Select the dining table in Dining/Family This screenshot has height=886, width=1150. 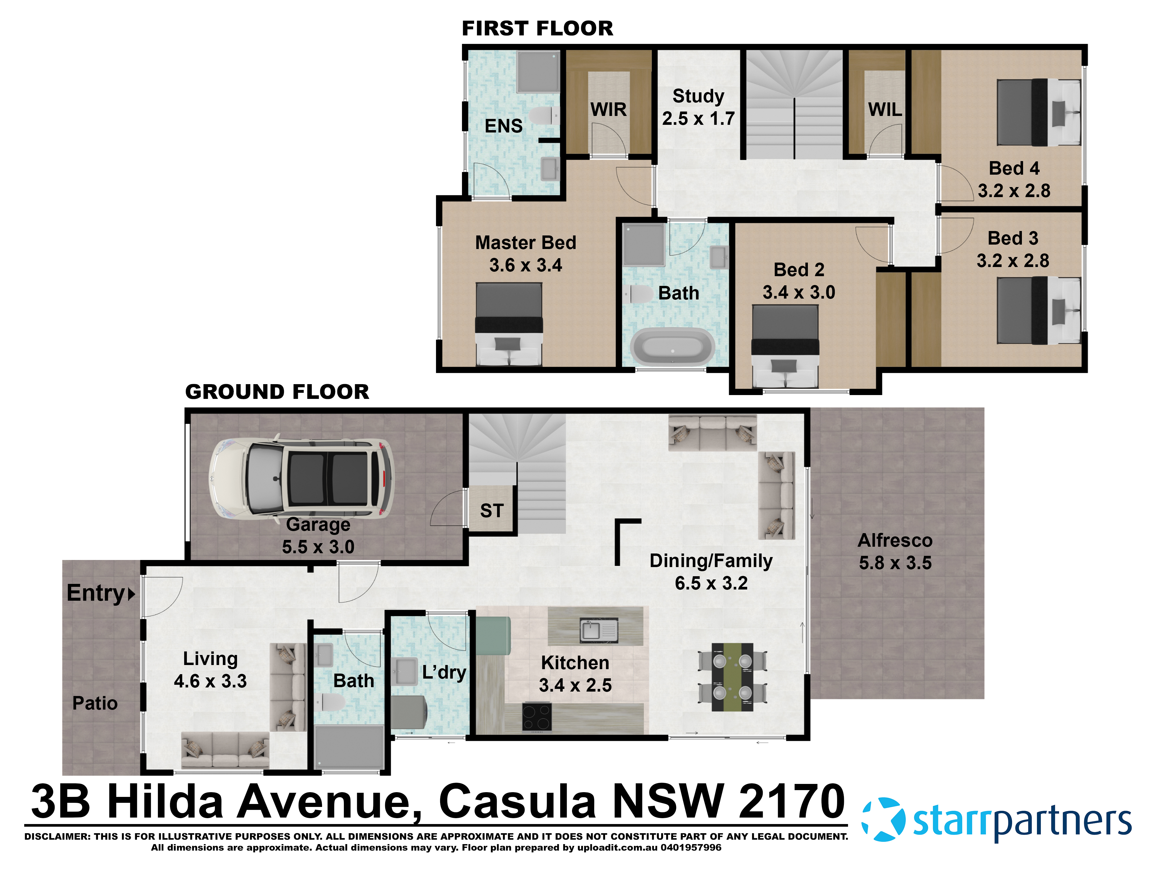(732, 677)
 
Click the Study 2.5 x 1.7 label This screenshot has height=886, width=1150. (698, 107)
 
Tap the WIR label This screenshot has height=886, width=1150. (608, 109)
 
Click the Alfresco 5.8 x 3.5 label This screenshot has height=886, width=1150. (895, 551)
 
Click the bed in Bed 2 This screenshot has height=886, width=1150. (785, 346)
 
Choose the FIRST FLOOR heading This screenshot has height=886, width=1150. (537, 28)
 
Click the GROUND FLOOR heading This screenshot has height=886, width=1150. (277, 392)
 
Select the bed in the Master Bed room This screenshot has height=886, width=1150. (509, 324)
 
